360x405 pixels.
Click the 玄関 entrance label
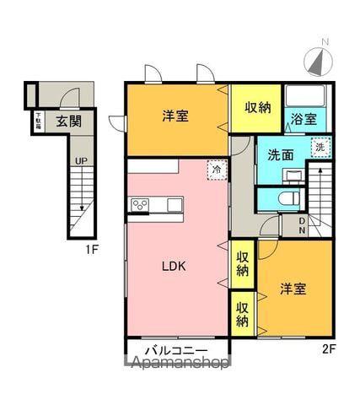69,121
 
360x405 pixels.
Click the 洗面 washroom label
281,155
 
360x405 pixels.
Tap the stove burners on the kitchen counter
140,204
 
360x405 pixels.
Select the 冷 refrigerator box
218,170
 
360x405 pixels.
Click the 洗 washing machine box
319,148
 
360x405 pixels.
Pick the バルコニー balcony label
177,348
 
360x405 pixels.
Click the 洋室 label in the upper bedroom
175,116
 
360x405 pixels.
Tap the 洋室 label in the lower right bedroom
293,289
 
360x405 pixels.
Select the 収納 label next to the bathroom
258,107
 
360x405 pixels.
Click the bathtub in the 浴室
304,96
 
